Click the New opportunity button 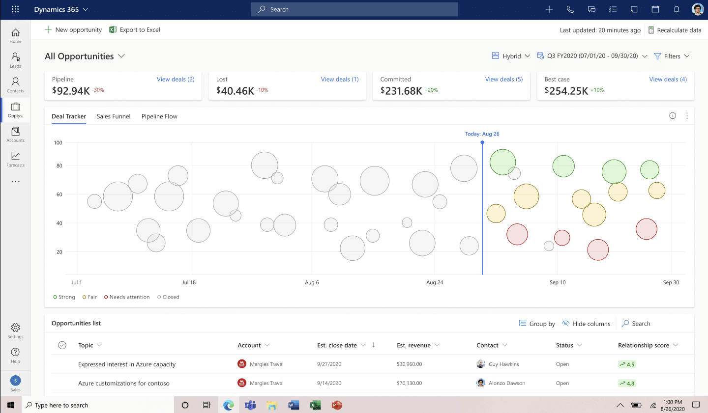click(73, 30)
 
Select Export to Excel click(135, 30)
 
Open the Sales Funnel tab click(114, 116)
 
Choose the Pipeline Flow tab click(159, 116)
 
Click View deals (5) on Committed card click(503, 79)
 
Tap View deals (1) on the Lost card click(339, 79)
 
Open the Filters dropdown click(672, 56)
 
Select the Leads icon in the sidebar click(16, 60)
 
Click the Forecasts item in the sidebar click(16, 159)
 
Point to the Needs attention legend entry click(127, 297)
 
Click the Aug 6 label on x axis click(312, 282)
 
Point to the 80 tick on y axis click(59, 166)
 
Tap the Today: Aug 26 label click(482, 134)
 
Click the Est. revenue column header click(413, 345)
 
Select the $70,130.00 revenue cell click(409, 383)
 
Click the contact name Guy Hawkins click(503, 364)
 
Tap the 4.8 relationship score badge click(627, 384)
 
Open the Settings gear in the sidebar click(16, 330)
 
